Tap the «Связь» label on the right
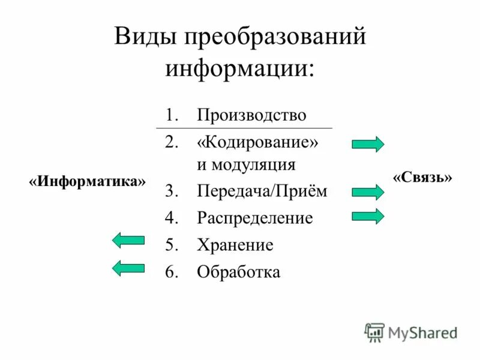click(x=422, y=178)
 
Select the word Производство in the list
click(x=251, y=115)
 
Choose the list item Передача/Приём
click(x=262, y=191)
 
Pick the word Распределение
click(x=255, y=218)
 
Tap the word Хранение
click(x=235, y=245)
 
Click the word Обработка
click(x=238, y=272)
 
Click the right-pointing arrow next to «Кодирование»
click(x=368, y=145)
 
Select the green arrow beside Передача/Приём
click(x=368, y=192)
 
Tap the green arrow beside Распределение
click(x=368, y=216)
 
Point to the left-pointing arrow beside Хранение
click(x=128, y=241)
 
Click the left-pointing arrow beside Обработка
click(x=128, y=268)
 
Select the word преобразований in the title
click(x=275, y=37)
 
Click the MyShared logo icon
click(x=374, y=331)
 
